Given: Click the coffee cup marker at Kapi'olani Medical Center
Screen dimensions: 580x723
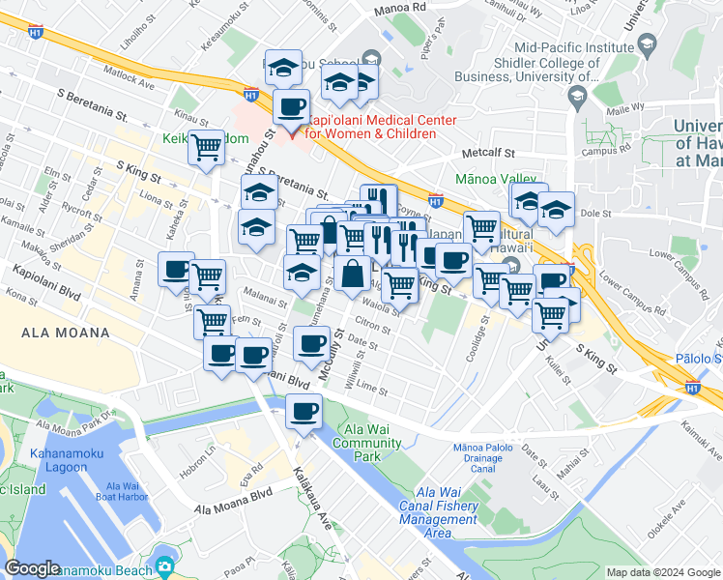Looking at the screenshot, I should pos(291,106).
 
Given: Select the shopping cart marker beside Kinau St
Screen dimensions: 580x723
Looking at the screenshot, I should pos(207,148).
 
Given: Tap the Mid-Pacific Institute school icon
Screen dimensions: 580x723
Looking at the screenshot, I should pos(645,45).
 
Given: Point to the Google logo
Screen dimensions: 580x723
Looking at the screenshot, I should pos(32,568).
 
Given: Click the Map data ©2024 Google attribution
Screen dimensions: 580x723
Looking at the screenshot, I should pos(662,572).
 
